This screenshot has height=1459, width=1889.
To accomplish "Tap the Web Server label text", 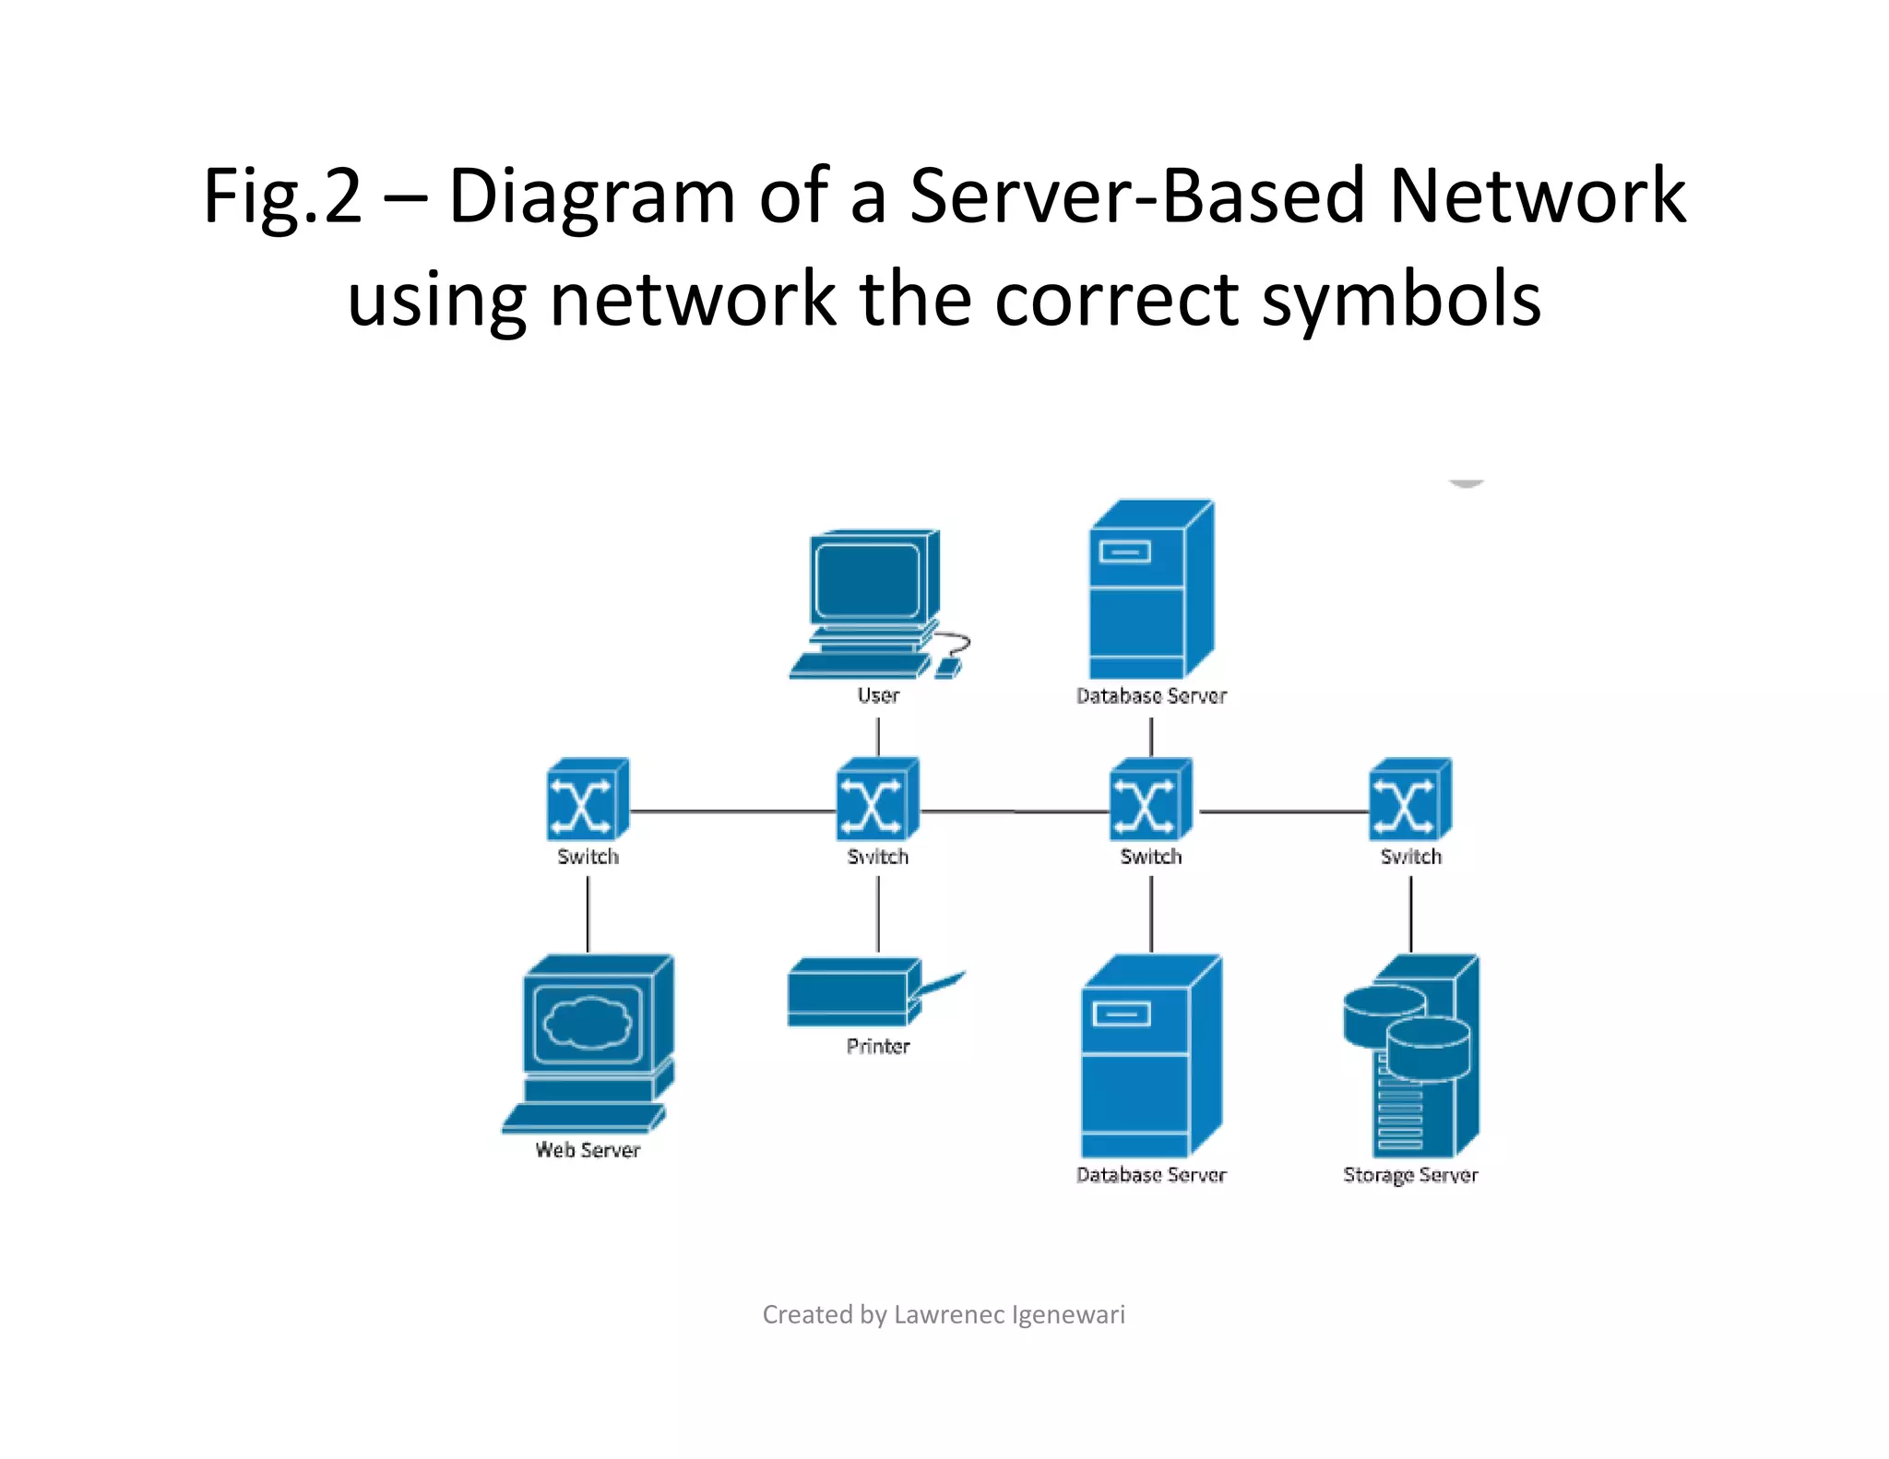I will click(588, 1150).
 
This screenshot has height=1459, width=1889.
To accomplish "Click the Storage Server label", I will click(1410, 1175).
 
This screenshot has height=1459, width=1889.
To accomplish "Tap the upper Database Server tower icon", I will click(1150, 590).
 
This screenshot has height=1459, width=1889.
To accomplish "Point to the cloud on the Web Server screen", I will click(588, 1023).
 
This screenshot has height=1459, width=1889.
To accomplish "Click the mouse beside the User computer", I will click(948, 667).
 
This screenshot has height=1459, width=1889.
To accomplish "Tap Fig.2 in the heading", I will click(282, 196).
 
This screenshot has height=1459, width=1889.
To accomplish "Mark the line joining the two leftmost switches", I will click(733, 812).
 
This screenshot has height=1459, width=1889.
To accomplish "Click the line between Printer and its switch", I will click(877, 913).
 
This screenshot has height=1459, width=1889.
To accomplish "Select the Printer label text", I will click(877, 1046).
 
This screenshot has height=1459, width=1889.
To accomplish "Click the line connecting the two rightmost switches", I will click(1284, 812).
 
